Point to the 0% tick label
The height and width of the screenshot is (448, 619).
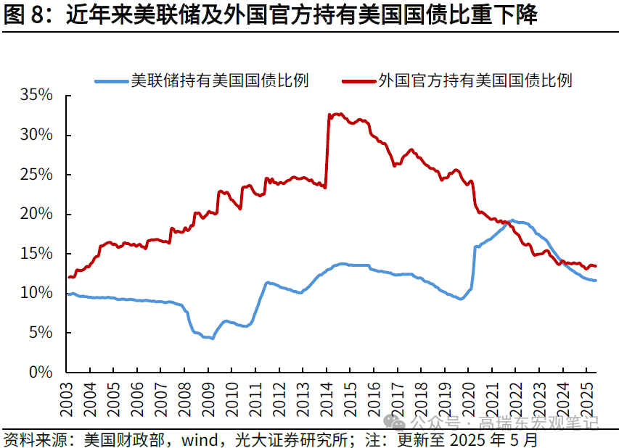tap(40, 372)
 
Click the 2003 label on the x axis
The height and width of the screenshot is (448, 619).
tap(67, 398)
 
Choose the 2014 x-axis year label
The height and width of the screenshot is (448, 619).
tap(326, 398)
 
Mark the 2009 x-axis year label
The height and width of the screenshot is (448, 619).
tap(208, 398)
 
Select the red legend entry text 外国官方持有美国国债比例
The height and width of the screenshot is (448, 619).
tap(475, 80)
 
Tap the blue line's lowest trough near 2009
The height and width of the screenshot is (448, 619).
tap(212, 339)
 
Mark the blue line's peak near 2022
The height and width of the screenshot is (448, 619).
tap(512, 220)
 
